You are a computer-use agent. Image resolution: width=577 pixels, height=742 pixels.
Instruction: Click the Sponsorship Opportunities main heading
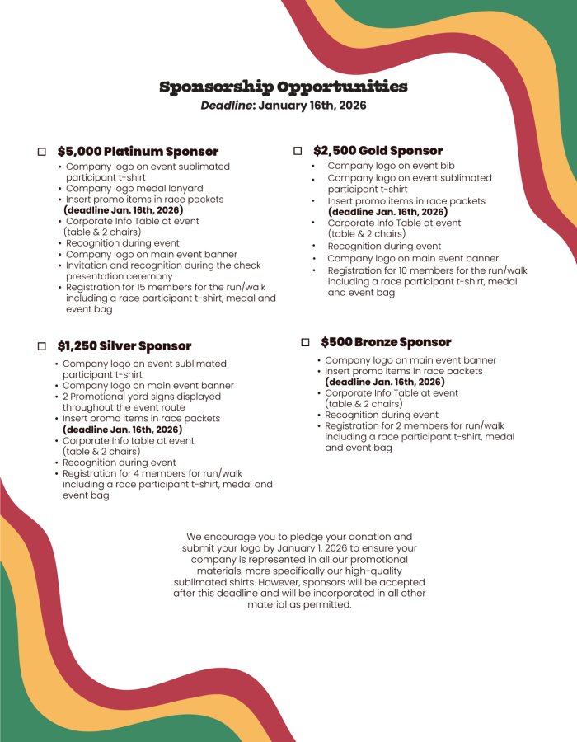tap(283, 87)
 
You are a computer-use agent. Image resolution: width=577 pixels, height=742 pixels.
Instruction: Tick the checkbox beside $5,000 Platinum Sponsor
tap(42, 153)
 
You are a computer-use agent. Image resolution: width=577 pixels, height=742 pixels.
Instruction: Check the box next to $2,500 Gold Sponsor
tap(298, 151)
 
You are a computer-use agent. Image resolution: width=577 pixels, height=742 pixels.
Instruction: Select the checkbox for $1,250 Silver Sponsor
tap(42, 347)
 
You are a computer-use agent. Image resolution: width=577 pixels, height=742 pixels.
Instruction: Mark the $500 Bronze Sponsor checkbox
tap(305, 342)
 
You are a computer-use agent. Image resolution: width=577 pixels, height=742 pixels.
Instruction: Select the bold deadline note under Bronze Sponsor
tap(384, 382)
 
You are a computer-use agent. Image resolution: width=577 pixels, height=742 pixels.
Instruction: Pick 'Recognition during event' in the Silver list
tap(120, 463)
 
